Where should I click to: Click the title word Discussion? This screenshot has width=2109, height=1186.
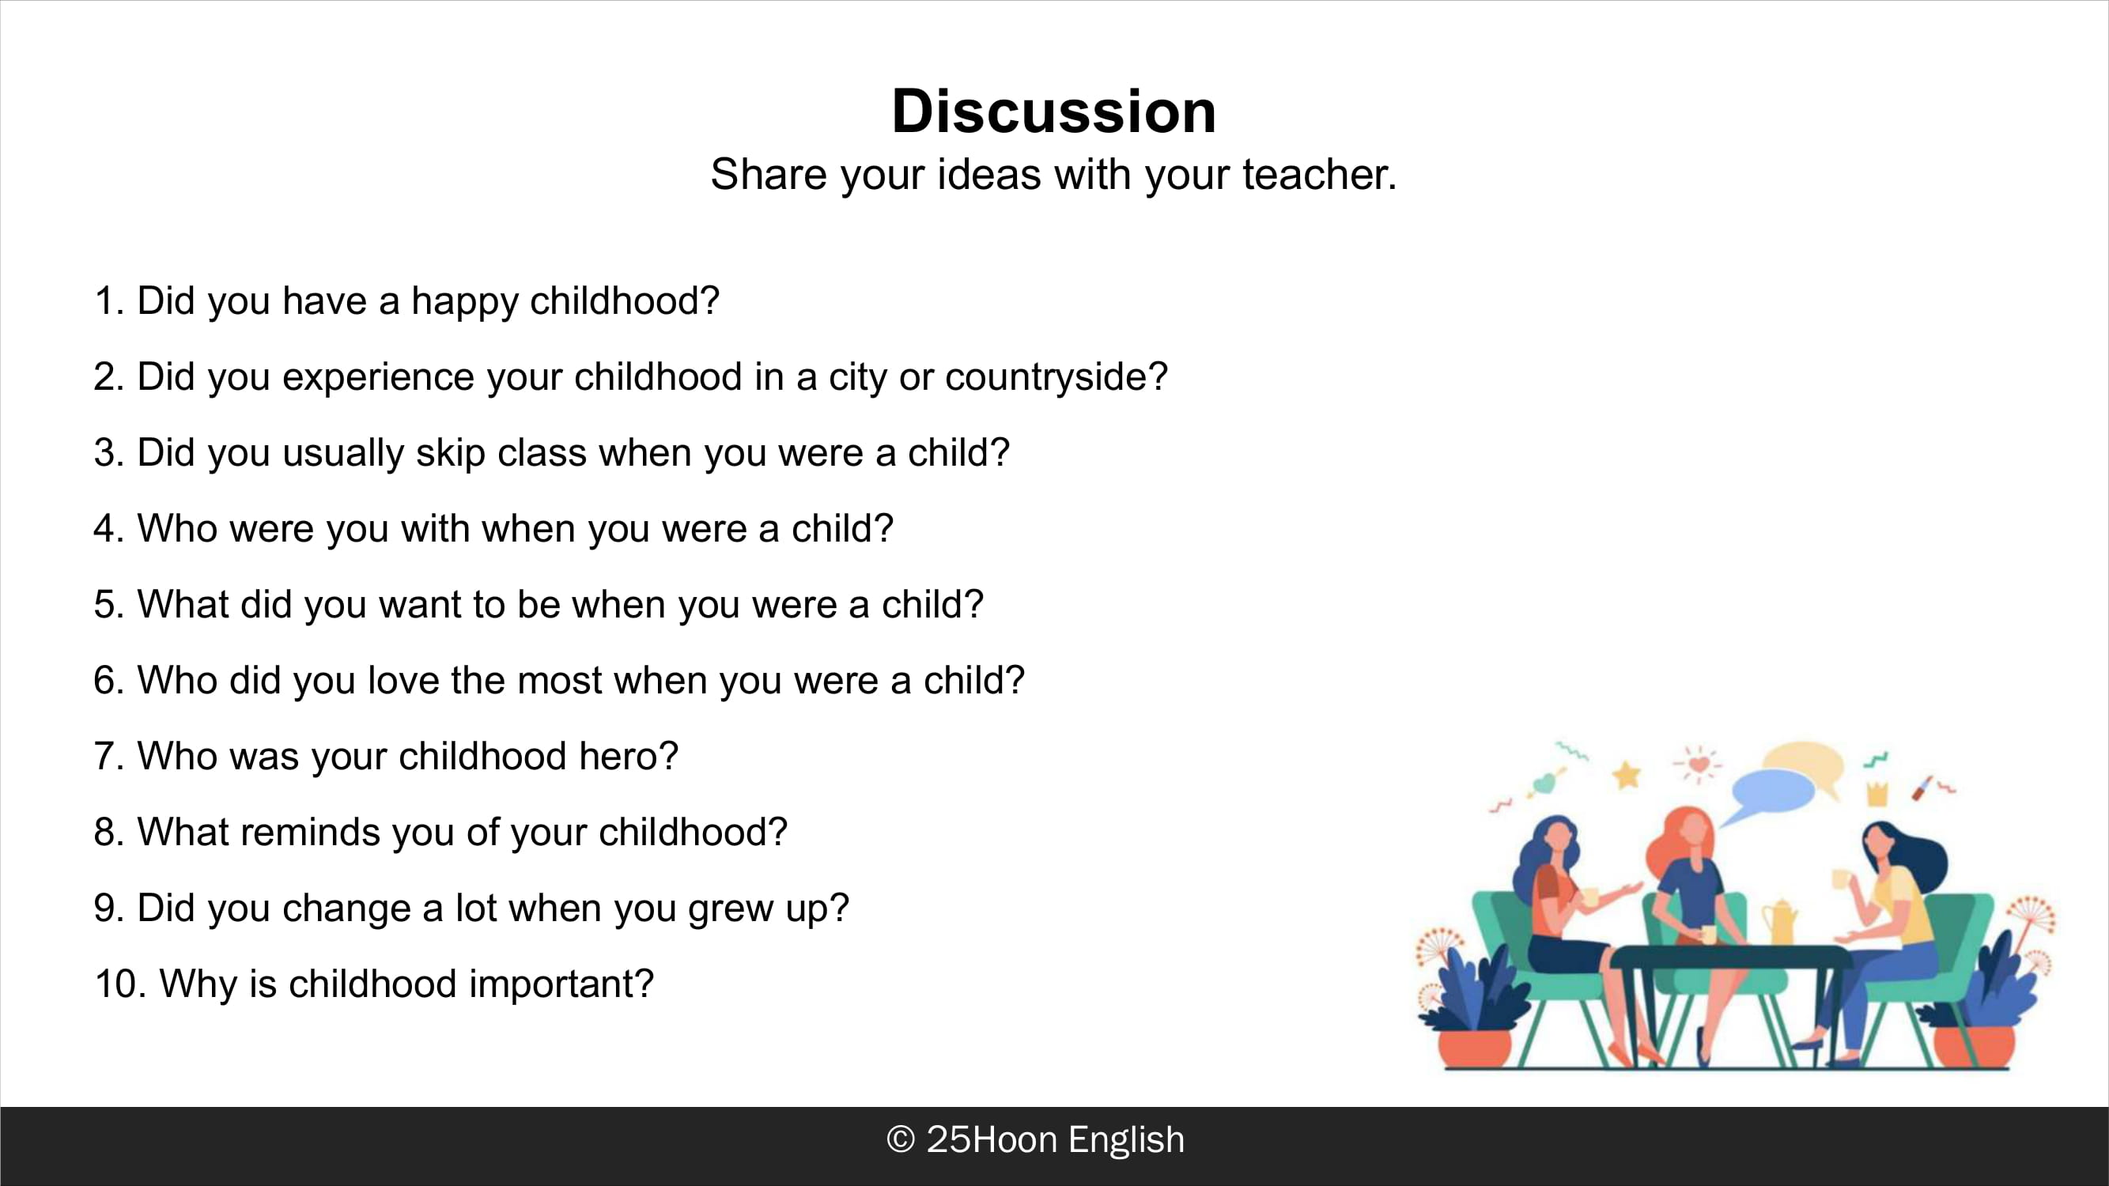[x=1053, y=111]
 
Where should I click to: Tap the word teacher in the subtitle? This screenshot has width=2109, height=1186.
[x=1319, y=174]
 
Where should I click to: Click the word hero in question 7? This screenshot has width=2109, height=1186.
[x=629, y=755]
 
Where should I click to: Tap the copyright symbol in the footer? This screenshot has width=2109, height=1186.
[x=901, y=1139]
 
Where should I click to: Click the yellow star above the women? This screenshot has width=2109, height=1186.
[x=1627, y=773]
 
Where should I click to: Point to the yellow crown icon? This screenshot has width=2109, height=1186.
[x=1877, y=792]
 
